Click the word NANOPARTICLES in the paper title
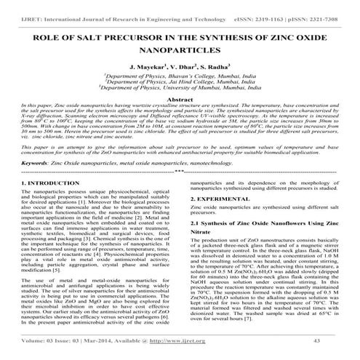click(x=180, y=50)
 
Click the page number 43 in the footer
click(x=336, y=340)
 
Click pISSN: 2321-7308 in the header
click(x=316, y=7)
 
